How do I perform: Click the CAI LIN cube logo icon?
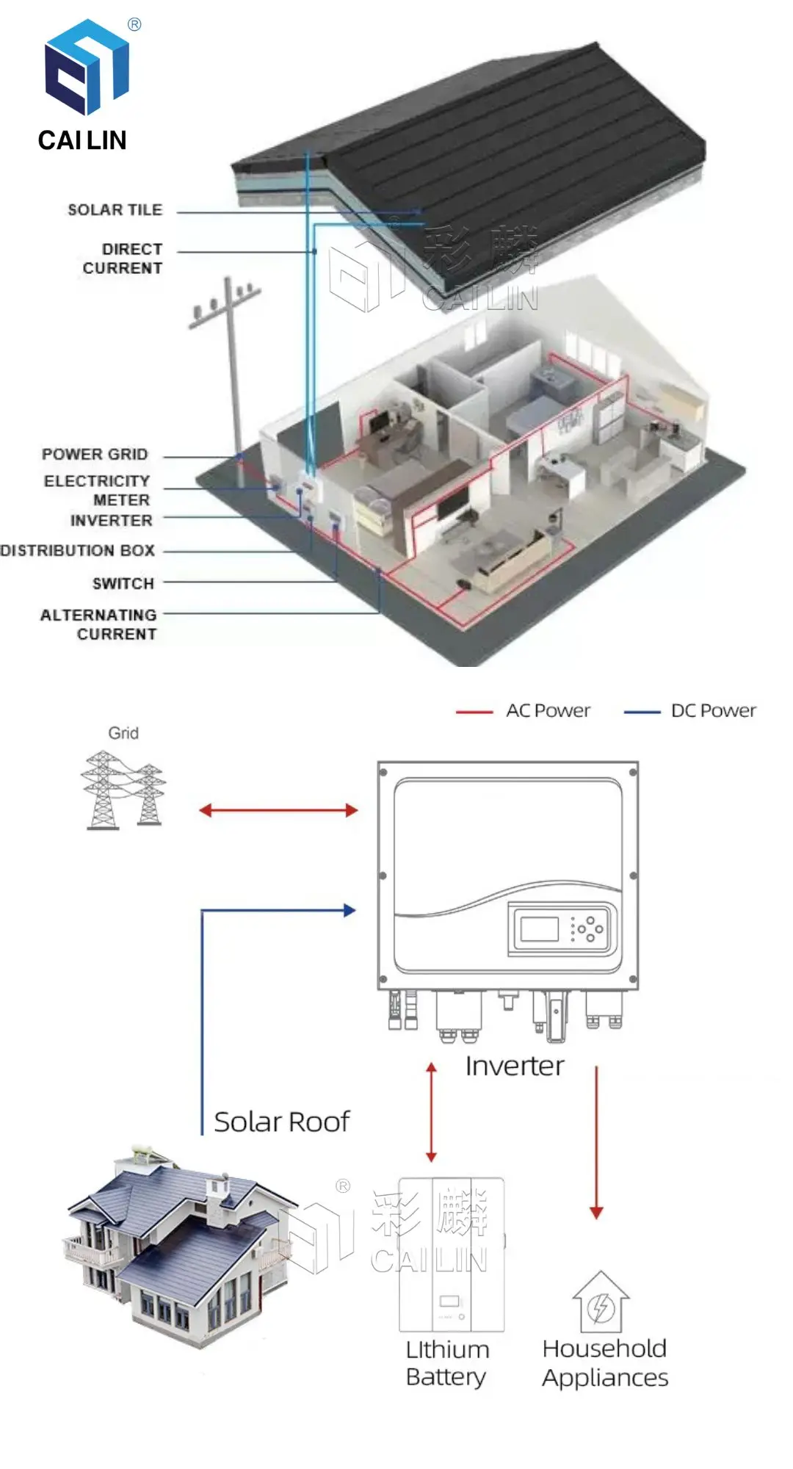point(87,67)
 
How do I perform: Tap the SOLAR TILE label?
point(115,210)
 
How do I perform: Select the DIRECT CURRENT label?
point(123,259)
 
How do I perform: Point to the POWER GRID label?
point(95,455)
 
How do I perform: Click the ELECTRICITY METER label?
point(98,490)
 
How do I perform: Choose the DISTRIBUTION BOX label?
point(78,550)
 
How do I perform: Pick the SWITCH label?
point(123,583)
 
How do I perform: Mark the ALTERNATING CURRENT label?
point(99,624)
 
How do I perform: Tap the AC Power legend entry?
point(548,711)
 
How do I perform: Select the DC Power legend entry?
point(713,711)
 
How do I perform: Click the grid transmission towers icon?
point(123,790)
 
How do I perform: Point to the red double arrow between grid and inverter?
point(278,810)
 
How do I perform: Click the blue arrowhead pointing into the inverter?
point(350,911)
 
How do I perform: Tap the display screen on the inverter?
point(540,928)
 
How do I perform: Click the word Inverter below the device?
point(515,1066)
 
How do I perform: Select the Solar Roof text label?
point(282,1122)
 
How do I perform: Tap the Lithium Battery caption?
point(447,1363)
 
